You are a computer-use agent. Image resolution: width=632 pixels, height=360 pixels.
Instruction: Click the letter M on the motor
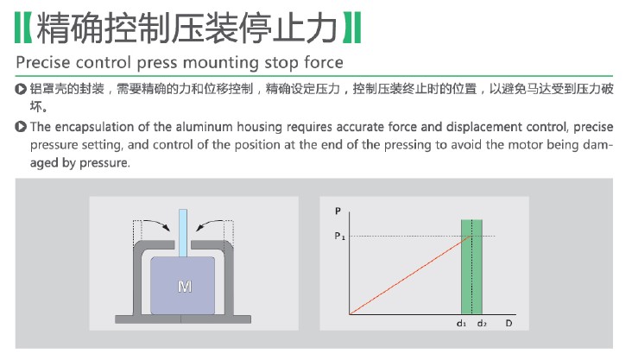[x=185, y=287]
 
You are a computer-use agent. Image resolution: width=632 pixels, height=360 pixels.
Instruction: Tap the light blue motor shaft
[x=183, y=233]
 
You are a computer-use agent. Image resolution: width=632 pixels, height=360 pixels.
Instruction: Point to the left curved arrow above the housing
[x=157, y=225]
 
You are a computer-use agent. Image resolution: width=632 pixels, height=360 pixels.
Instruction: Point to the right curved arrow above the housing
[x=210, y=225]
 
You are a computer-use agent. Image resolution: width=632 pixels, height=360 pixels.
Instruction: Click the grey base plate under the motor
[x=183, y=319]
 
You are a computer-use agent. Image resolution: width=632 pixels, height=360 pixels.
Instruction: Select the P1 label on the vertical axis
[x=340, y=237]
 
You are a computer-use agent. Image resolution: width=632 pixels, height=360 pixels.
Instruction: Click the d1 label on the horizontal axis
[x=462, y=324]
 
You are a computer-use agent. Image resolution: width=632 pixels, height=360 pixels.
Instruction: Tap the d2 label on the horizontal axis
[x=482, y=324]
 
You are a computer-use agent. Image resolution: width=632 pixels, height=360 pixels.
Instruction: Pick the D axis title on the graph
[x=509, y=324]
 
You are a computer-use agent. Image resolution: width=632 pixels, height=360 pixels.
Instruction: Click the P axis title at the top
[x=338, y=211]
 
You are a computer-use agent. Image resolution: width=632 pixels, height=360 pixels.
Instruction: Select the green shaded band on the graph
[x=471, y=267]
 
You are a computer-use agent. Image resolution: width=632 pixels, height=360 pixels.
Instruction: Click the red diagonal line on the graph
[x=410, y=275]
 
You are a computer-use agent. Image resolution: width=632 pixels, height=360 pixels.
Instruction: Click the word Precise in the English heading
[x=43, y=62]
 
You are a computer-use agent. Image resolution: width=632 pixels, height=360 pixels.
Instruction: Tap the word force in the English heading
[x=324, y=62]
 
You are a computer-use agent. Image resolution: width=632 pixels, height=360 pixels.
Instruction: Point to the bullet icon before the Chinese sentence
[x=21, y=89]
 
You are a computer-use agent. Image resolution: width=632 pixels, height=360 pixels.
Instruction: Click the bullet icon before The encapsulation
[x=21, y=127]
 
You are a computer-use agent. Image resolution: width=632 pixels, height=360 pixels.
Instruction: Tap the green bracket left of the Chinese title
[x=23, y=28]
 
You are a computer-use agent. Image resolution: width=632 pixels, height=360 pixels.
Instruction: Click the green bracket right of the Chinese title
[x=352, y=28]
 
